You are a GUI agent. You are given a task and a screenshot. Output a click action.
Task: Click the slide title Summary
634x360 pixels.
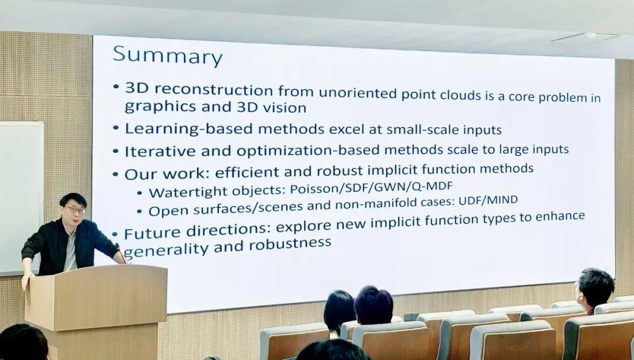pos(167,56)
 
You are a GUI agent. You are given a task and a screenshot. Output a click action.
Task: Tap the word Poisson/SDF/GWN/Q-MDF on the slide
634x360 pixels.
pos(371,187)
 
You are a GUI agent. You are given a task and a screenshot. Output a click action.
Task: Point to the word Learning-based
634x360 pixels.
pos(189,129)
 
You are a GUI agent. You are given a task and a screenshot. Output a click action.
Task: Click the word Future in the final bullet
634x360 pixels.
pos(152,233)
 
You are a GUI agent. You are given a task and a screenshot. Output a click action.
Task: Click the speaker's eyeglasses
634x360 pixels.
pos(75,210)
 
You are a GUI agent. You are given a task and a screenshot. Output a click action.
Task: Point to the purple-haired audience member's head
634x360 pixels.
pos(373,305)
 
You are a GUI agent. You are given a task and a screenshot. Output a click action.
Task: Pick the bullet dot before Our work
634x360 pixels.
pos(116,175)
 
